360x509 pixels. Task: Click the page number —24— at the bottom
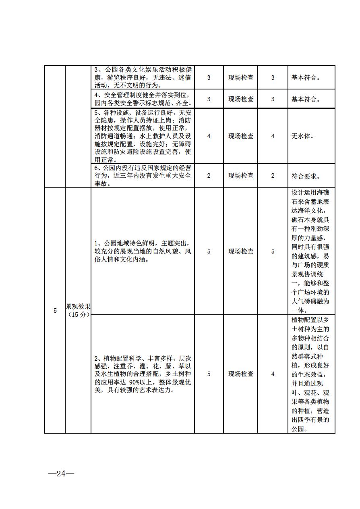(x=61, y=474)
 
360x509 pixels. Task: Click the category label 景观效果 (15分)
(x=78, y=310)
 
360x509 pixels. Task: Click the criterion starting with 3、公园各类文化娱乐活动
(x=143, y=77)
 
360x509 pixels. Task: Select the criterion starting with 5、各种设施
(x=143, y=136)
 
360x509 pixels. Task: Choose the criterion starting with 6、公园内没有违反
(x=143, y=176)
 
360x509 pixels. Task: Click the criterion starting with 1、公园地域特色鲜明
(x=143, y=251)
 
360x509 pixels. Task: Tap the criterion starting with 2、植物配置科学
(x=143, y=374)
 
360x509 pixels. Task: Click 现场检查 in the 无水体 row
(x=241, y=136)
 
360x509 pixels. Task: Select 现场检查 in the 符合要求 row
(x=241, y=176)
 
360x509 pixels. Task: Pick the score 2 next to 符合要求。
(x=273, y=176)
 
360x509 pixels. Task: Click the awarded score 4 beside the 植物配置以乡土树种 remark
(x=273, y=374)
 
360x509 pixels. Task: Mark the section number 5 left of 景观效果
(x=55, y=311)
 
